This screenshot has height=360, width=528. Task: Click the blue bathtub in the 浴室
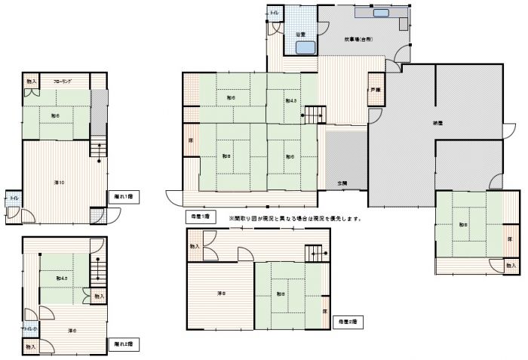pyautogui.click(x=305, y=48)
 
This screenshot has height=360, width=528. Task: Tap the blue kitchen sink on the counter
pyautogui.click(x=381, y=13)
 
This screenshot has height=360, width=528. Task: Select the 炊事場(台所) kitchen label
pyautogui.click(x=358, y=38)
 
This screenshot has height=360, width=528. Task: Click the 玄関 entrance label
pyautogui.click(x=342, y=183)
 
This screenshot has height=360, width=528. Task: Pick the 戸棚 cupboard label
pyautogui.click(x=375, y=90)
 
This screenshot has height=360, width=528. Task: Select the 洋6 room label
pyautogui.click(x=72, y=330)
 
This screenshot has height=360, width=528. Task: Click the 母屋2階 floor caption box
pyautogui.click(x=347, y=322)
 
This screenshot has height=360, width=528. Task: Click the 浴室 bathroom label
pyautogui.click(x=299, y=34)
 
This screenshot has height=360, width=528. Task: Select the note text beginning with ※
pyautogui.click(x=290, y=219)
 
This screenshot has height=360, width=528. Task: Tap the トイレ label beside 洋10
pyautogui.click(x=14, y=198)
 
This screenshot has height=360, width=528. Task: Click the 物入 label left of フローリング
pyautogui.click(x=31, y=81)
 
